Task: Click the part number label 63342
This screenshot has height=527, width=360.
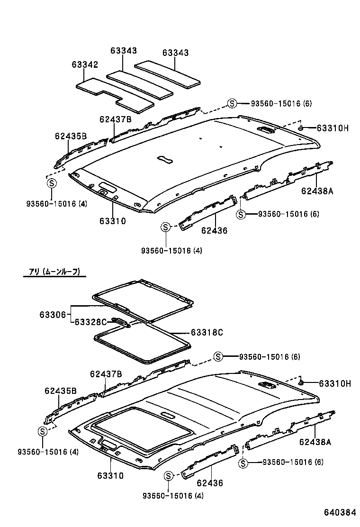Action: [x=85, y=64]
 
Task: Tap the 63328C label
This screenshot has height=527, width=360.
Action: [x=90, y=322]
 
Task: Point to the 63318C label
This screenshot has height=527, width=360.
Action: [x=206, y=332]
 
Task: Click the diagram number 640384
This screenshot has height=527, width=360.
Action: [x=339, y=513]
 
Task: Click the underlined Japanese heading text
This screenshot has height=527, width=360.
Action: [x=55, y=272]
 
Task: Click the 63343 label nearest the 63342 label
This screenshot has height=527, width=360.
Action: [x=124, y=51]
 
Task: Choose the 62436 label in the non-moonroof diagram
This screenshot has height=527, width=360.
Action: [x=214, y=231]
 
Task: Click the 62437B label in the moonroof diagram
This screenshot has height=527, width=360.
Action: [x=106, y=374]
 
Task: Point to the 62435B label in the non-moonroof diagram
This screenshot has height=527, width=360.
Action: [x=71, y=136]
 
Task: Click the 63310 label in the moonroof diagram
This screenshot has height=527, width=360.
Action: [x=110, y=475]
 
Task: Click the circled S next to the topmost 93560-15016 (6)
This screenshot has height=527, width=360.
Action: [x=232, y=104]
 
